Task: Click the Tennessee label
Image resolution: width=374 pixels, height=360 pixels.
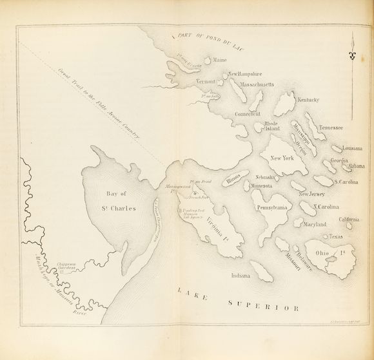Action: tap(330, 128)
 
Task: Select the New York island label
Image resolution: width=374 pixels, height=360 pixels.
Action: tap(282, 158)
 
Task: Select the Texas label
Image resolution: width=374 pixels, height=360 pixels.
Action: tap(334, 236)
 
